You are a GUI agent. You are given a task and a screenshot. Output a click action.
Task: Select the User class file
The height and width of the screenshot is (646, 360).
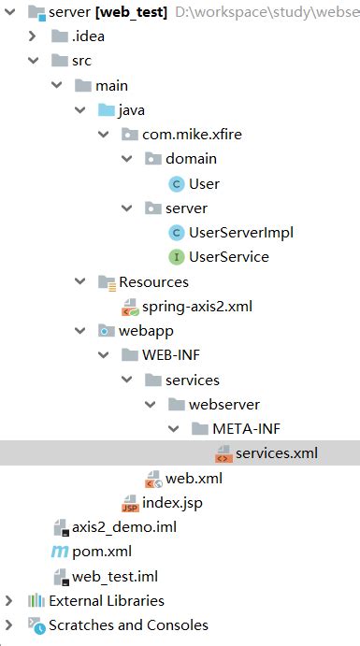point(204,183)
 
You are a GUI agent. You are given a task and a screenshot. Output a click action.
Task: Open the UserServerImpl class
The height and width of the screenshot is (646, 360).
point(241,232)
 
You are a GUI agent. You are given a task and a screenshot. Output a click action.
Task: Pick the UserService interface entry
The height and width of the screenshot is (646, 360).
point(228,256)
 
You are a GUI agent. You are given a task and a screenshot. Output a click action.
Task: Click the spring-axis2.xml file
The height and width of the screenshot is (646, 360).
point(196,306)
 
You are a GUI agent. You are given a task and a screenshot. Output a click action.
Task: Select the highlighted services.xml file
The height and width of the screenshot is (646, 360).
point(276,453)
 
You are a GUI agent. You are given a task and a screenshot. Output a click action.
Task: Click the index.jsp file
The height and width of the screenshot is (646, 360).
point(172,503)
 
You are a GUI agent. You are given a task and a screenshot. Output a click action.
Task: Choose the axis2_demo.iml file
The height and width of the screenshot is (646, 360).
point(124,527)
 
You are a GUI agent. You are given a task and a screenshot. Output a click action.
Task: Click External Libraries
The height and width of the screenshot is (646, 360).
point(106,600)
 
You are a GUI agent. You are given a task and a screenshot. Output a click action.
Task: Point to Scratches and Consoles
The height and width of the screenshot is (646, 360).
point(128,624)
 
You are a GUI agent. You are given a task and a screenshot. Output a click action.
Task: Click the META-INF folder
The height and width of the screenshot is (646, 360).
point(246,429)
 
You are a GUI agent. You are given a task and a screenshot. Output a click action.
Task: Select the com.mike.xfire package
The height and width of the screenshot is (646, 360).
point(192,135)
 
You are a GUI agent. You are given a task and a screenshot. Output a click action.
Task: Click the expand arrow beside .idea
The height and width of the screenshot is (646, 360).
point(33,36)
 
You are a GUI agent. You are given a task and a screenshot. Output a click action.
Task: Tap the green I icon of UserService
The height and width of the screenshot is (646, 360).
point(176,257)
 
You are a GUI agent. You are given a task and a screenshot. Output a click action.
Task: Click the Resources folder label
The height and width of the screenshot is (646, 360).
point(153,281)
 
